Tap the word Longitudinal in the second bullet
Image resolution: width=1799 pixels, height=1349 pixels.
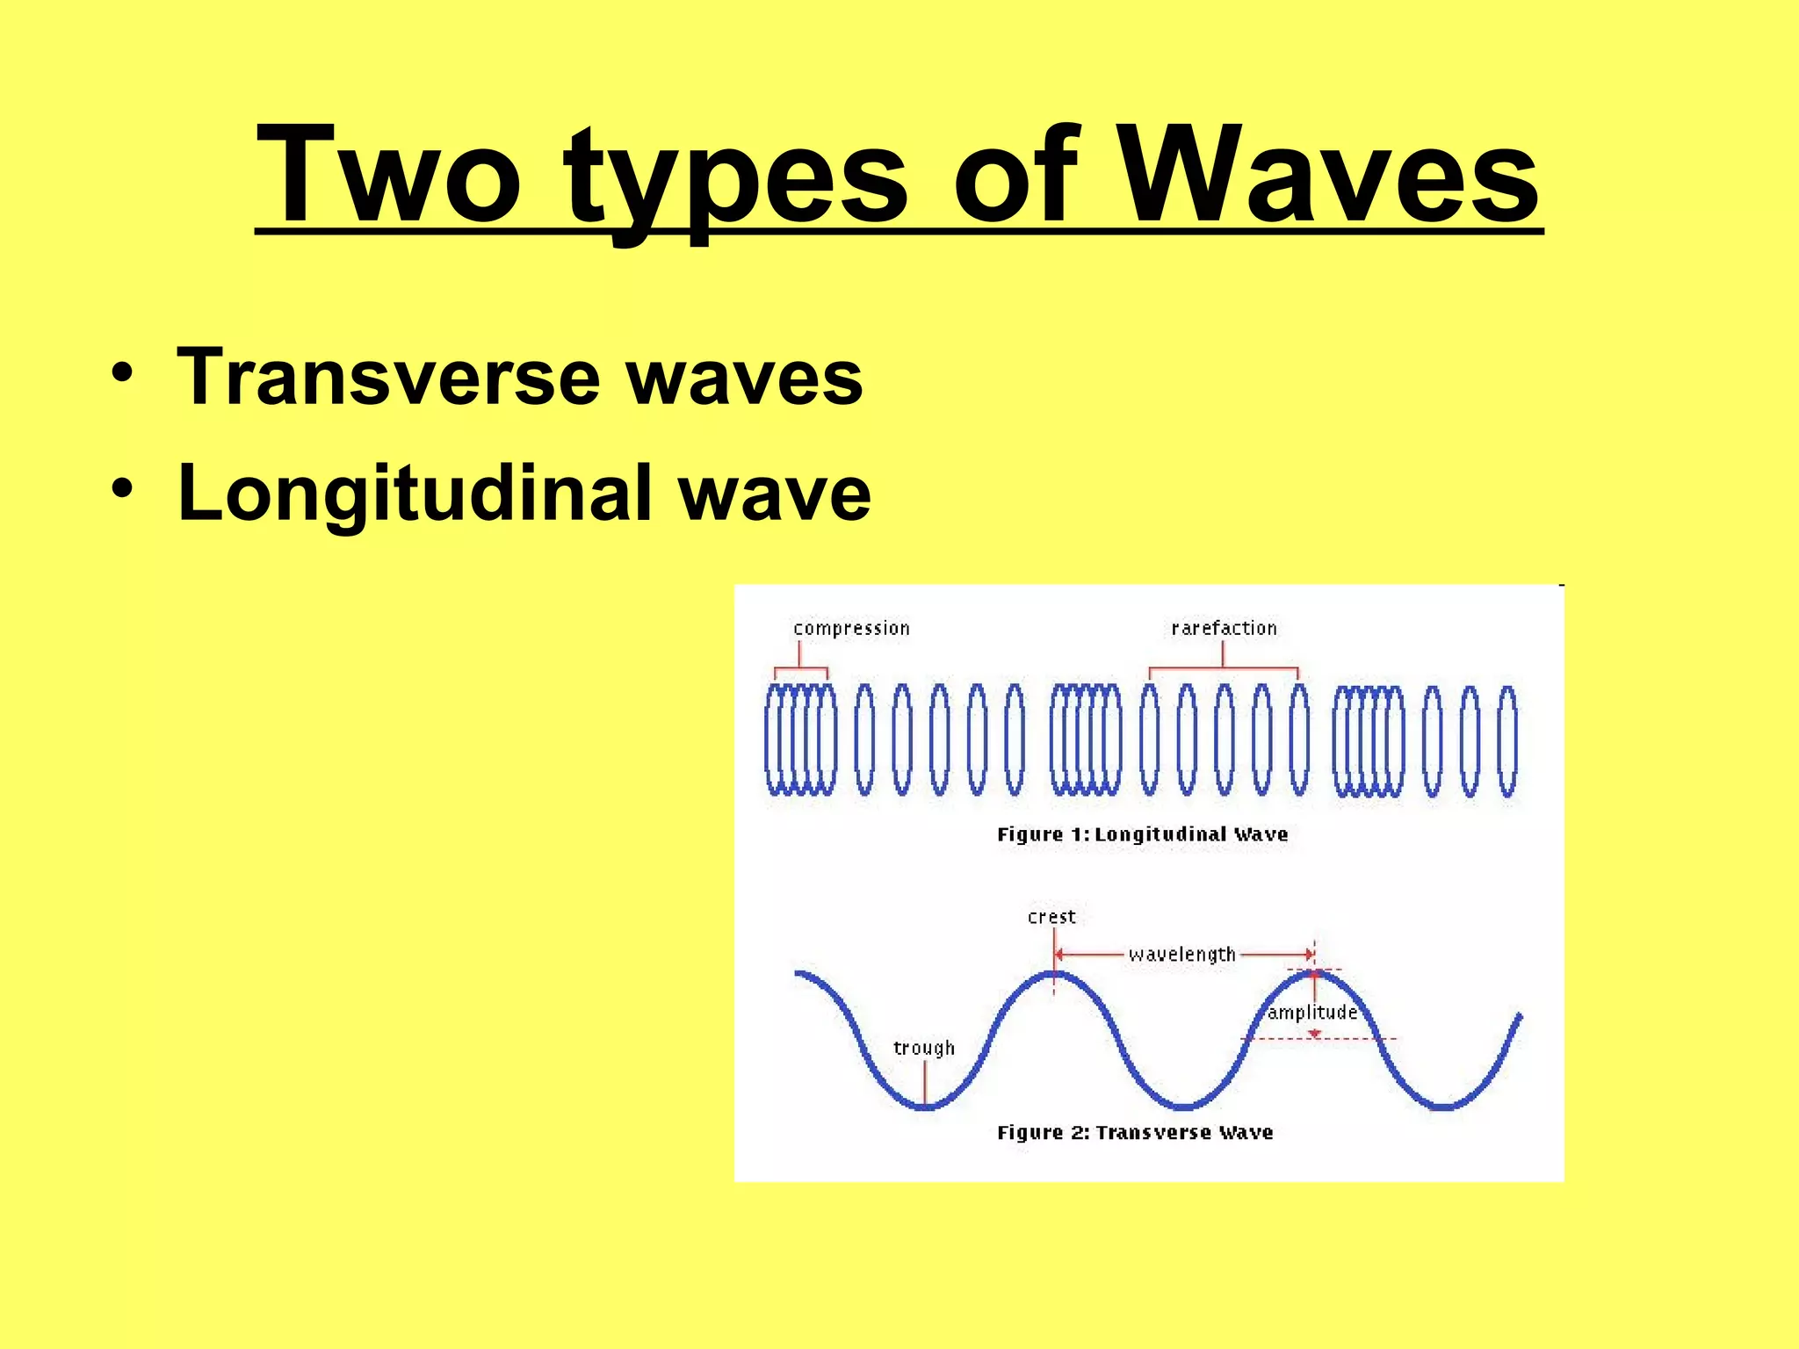tap(413, 494)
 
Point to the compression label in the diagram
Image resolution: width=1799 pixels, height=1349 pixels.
tap(851, 629)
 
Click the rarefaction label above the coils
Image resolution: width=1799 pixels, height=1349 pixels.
tap(1224, 629)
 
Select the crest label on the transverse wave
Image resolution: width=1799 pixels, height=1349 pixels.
tap(1051, 917)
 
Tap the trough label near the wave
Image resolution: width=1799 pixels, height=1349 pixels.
tap(923, 1048)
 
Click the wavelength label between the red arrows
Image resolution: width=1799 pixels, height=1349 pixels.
tap(1182, 955)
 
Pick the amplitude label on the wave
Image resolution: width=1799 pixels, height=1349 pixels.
tap(1312, 1013)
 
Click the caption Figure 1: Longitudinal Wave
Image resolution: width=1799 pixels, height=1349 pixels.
tap(1142, 834)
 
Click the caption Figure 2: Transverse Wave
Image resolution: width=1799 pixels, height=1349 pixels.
tap(1135, 1133)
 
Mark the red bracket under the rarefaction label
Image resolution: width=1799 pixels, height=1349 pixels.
tap(1224, 668)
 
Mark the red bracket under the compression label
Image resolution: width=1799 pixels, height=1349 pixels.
tap(799, 668)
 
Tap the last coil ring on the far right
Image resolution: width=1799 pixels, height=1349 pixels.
tap(1507, 742)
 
